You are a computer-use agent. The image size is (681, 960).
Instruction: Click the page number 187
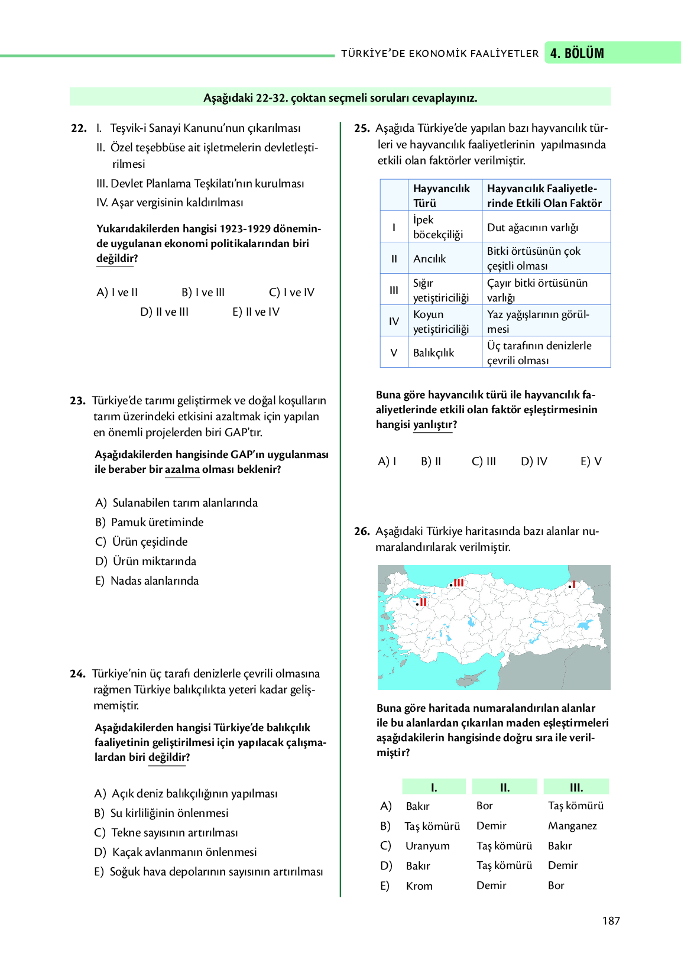point(611,920)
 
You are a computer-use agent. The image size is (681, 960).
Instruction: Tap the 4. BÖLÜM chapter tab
point(577,53)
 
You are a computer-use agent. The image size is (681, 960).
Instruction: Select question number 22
point(79,128)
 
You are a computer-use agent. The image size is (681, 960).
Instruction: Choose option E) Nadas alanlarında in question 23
point(147,580)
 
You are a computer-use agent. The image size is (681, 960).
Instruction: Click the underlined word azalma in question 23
point(182,469)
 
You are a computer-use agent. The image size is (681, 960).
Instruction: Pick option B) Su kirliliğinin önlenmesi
point(161,813)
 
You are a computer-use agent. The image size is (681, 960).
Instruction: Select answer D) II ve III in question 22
point(164,312)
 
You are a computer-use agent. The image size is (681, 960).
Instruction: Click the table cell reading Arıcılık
point(430,258)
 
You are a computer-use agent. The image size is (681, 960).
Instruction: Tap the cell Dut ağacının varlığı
point(533,228)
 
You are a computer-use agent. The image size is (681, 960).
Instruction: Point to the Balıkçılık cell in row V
point(433,352)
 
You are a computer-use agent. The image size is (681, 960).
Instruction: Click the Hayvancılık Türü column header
point(442,195)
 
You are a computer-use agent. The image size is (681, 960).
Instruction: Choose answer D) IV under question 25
point(534,461)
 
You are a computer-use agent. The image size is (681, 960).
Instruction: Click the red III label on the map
point(458,583)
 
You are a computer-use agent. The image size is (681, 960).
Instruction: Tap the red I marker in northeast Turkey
point(573,585)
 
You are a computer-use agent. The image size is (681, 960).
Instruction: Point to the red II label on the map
point(423,602)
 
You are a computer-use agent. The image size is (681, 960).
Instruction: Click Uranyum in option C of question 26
point(427,845)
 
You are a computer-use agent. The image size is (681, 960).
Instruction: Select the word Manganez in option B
point(572,825)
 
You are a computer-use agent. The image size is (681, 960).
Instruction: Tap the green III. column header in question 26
point(576,787)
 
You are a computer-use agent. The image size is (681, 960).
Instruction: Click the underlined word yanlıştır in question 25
point(433,424)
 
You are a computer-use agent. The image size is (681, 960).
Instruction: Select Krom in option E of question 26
point(419,886)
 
